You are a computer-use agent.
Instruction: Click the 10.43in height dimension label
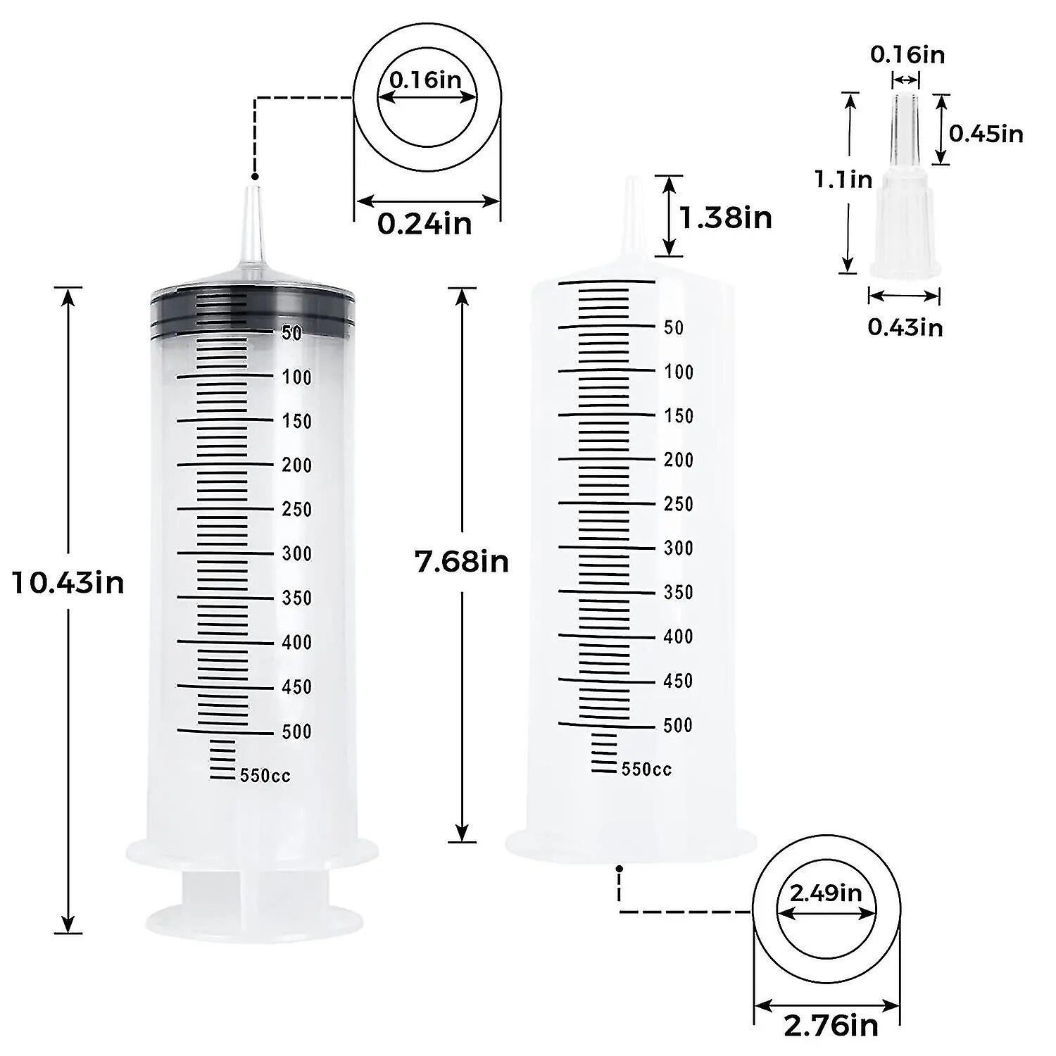[68, 583]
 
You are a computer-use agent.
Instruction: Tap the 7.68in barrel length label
[462, 562]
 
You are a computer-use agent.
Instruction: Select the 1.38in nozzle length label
[725, 218]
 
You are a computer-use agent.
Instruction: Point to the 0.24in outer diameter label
[425, 224]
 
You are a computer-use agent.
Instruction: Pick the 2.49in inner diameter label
[826, 893]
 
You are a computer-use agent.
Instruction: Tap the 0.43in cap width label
[905, 327]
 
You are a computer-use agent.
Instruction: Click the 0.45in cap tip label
[986, 133]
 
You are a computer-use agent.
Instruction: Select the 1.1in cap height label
[843, 180]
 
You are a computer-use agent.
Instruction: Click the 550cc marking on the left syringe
[265, 776]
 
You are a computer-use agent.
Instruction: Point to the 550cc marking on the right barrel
[646, 769]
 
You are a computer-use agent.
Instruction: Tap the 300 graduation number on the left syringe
[296, 554]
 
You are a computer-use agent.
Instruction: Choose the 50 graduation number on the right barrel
[674, 327]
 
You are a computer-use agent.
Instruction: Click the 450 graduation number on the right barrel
[678, 681]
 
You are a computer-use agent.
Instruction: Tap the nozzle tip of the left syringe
[252, 194]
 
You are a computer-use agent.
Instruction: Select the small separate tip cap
[905, 211]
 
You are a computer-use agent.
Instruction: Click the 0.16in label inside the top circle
[426, 80]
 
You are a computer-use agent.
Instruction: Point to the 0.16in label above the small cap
[907, 54]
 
